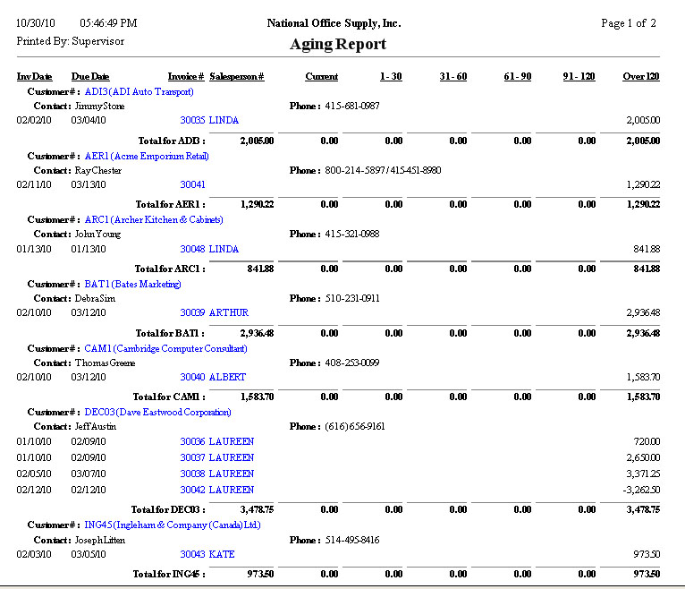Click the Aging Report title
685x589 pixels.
(338, 44)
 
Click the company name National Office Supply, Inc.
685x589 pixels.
(334, 22)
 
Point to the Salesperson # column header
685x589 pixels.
(236, 77)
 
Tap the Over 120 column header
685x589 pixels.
(641, 77)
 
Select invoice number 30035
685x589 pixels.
(192, 120)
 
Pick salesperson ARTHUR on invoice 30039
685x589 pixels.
(228, 313)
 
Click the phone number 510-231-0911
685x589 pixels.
(352, 298)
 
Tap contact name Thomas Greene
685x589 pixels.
(97, 363)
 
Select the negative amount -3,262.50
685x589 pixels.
(641, 491)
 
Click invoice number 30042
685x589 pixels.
(192, 491)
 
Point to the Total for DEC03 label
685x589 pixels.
(169, 509)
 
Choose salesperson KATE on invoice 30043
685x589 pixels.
(221, 555)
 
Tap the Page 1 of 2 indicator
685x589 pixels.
(629, 22)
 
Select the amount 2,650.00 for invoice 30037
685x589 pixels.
(643, 458)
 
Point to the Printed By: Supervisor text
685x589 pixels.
(71, 41)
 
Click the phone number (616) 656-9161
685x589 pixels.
(355, 427)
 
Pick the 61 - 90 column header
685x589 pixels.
(517, 77)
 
